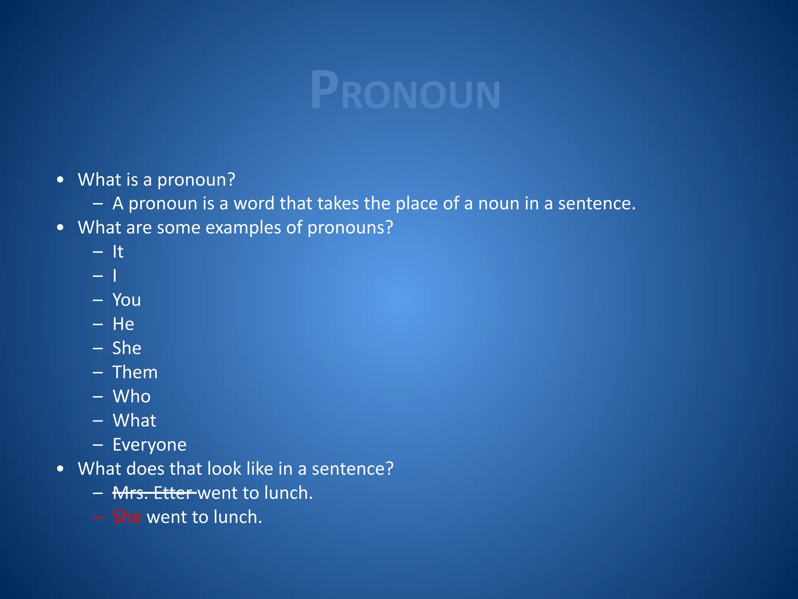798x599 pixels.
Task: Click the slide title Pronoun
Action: point(405,90)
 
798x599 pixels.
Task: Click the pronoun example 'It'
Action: point(118,252)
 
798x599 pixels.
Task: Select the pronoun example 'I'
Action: point(115,276)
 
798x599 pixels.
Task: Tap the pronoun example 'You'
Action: point(127,300)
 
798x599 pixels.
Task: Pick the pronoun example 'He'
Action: point(123,324)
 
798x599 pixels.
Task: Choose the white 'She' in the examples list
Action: point(127,348)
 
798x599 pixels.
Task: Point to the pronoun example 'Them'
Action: point(135,372)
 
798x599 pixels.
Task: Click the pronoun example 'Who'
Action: point(131,397)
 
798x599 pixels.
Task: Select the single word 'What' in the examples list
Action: point(134,421)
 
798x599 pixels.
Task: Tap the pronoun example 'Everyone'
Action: point(149,445)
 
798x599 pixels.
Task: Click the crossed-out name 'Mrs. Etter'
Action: point(154,493)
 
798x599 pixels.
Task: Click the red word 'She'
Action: point(127,517)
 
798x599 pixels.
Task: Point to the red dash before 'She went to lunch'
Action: point(98,518)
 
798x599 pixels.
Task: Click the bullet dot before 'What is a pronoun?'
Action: point(60,180)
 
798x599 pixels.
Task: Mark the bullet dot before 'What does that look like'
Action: point(60,469)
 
